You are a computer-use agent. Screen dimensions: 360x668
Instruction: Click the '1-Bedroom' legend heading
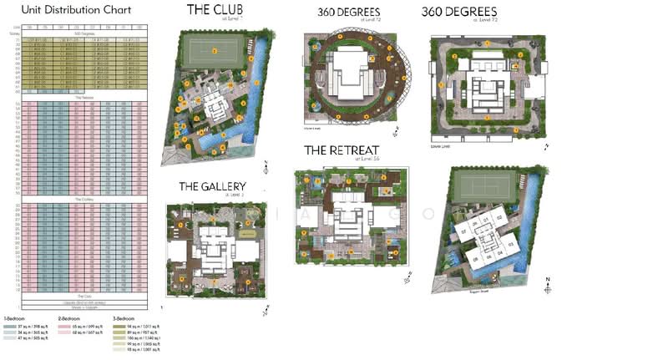pyautogui.click(x=16, y=318)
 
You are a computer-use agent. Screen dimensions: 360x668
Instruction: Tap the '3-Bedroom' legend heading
pyautogui.click(x=124, y=318)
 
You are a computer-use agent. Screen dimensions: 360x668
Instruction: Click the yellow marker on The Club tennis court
pyautogui.click(x=214, y=50)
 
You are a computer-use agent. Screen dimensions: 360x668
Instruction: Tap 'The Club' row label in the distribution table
pyautogui.click(x=83, y=296)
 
